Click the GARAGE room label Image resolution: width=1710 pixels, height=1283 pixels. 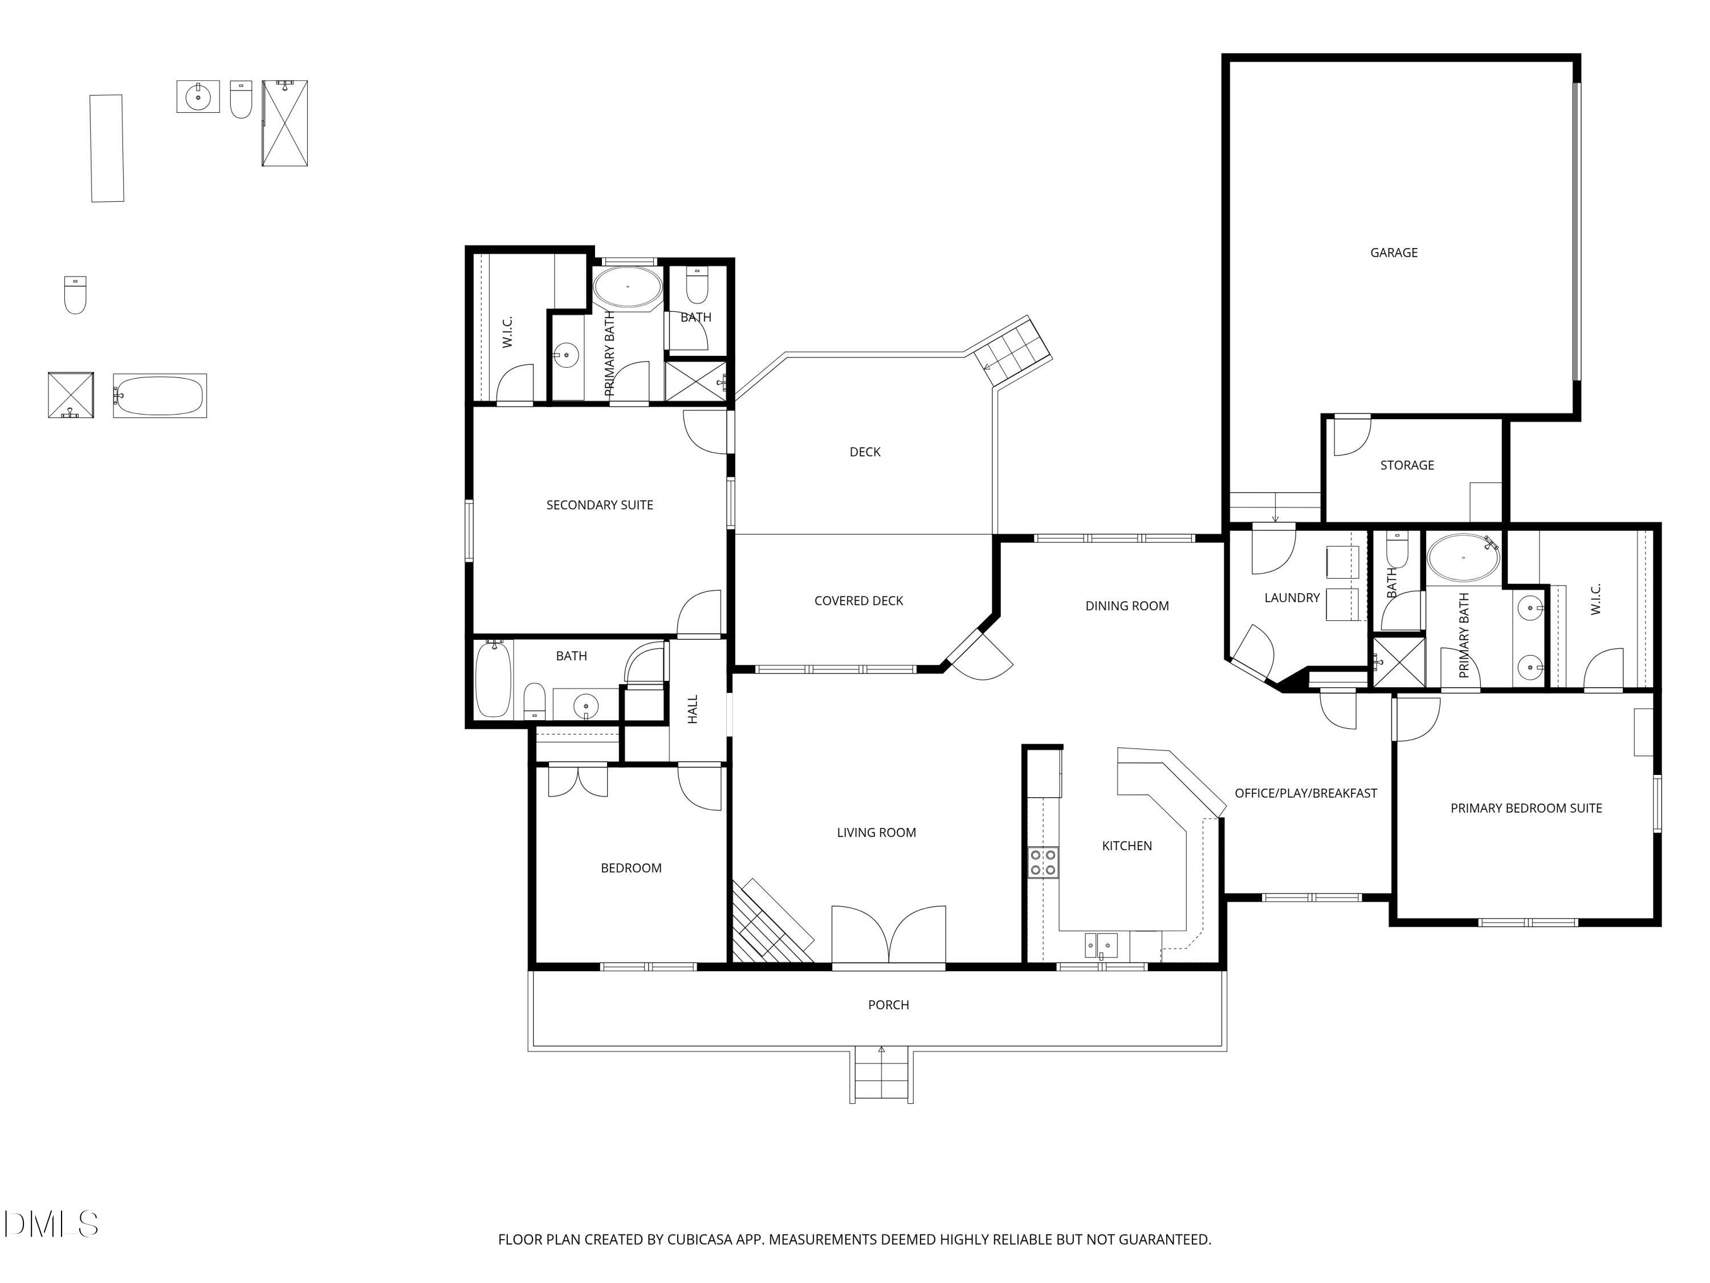tap(1393, 252)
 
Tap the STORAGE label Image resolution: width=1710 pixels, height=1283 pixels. tap(1406, 465)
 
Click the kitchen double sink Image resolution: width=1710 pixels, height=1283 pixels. tap(1100, 945)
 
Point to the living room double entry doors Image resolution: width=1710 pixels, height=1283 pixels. tap(888, 935)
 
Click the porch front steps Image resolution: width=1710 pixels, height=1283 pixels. tap(881, 1075)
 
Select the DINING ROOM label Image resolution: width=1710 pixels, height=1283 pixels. tap(1126, 606)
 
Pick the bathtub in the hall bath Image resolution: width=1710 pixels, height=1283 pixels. tap(492, 678)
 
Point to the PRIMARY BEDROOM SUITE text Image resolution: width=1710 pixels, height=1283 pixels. tap(1525, 808)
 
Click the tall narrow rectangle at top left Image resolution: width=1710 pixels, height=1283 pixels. tap(107, 148)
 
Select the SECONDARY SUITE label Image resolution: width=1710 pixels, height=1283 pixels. tap(599, 505)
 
